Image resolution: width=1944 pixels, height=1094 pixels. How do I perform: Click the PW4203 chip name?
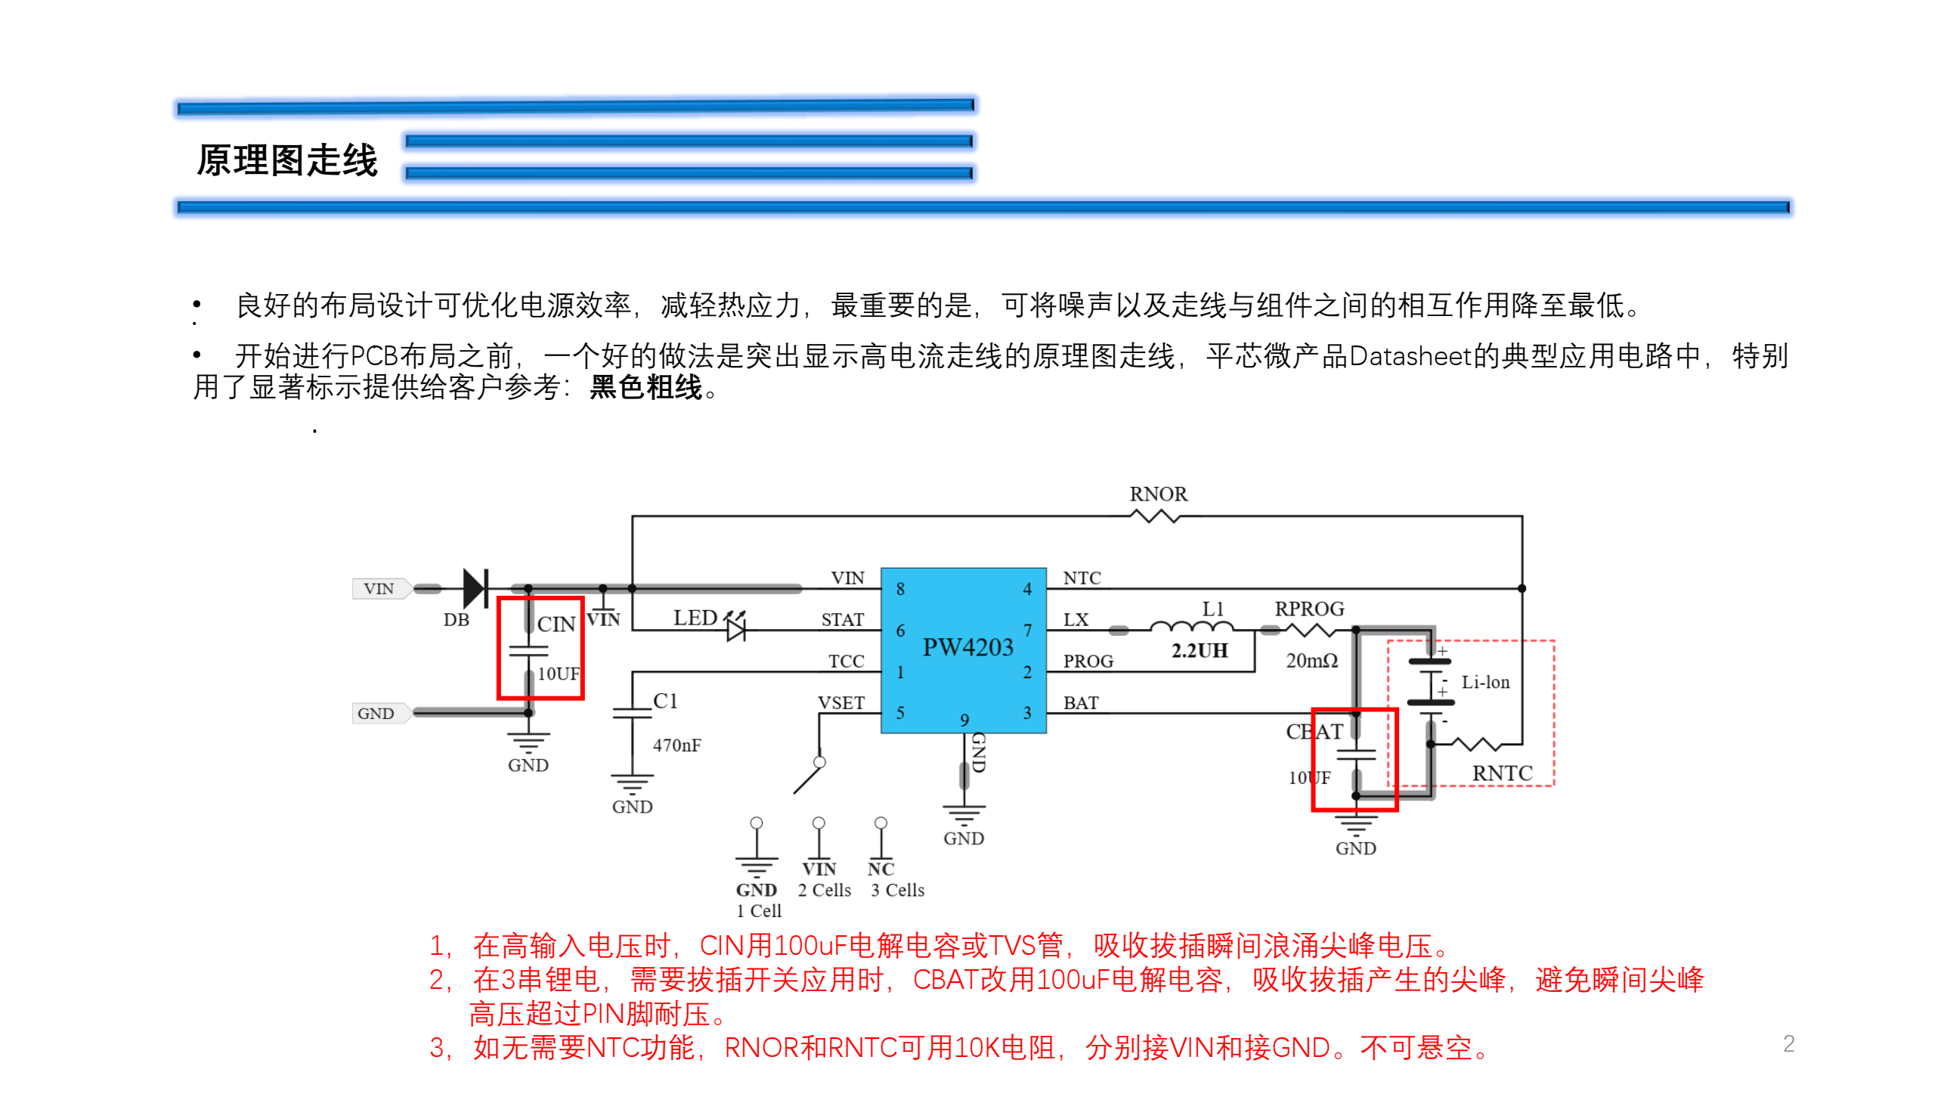tap(967, 648)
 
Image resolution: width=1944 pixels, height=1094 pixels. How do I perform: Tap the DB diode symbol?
tap(475, 588)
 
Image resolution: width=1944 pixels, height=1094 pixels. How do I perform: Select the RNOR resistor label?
tap(1158, 494)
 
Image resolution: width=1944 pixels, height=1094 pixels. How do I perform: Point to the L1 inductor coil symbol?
tap(1191, 627)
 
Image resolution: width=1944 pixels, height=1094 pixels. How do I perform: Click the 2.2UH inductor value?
tap(1200, 651)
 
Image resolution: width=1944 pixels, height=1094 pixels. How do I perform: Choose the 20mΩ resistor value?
tap(1311, 661)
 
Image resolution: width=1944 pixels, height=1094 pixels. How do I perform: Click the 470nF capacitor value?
tap(676, 745)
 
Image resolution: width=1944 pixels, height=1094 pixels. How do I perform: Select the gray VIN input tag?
tap(379, 588)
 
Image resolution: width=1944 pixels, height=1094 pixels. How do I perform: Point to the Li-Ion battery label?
tap(1485, 683)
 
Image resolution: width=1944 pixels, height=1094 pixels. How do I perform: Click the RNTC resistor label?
tap(1502, 773)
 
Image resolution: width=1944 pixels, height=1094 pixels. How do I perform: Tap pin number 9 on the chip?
tap(964, 721)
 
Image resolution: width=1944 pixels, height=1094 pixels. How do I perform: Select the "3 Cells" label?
tap(897, 891)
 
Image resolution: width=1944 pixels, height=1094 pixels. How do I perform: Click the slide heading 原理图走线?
tap(287, 160)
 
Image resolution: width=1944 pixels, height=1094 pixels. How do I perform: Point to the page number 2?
tap(1788, 1044)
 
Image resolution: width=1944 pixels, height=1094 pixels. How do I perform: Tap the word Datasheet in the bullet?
tap(1410, 356)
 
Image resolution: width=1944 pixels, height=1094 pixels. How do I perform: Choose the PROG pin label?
tap(1088, 662)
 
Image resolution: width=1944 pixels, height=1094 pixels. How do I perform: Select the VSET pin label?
tap(840, 703)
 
